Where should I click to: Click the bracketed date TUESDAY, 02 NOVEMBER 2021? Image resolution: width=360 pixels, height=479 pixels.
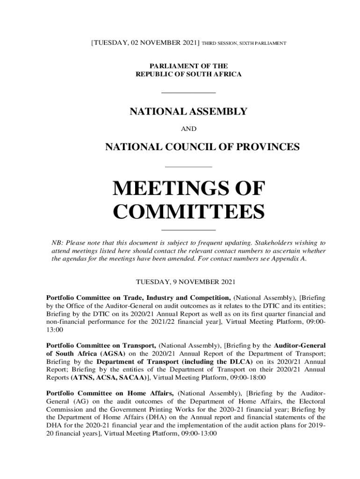pyautogui.click(x=145, y=43)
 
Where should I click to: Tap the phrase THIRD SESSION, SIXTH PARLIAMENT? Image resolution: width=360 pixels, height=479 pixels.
pyautogui.click(x=244, y=44)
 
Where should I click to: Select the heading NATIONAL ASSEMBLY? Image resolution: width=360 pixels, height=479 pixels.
pyautogui.click(x=188, y=112)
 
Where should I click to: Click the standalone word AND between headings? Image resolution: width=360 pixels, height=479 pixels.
pyautogui.click(x=188, y=129)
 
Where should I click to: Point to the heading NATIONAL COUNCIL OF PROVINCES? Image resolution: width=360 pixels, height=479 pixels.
pyautogui.click(x=202, y=147)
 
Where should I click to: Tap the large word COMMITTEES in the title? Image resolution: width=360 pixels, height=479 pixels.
pyautogui.click(x=189, y=212)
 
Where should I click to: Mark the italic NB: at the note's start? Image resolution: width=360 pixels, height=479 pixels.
pyautogui.click(x=57, y=243)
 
